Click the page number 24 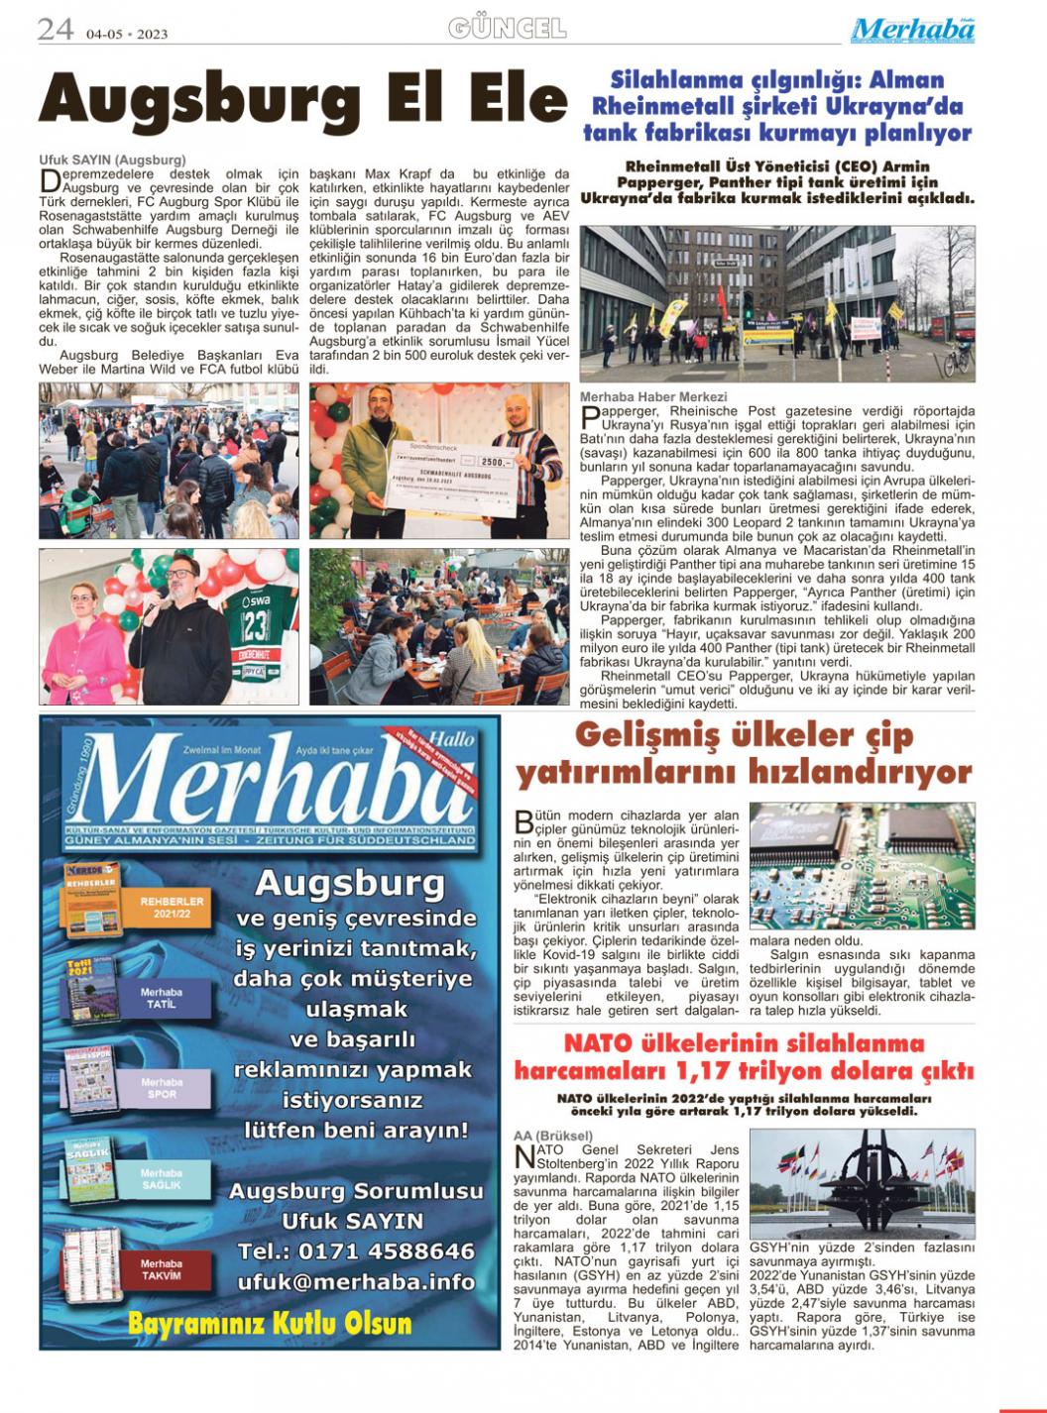[x=56, y=30]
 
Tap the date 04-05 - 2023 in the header [x=127, y=34]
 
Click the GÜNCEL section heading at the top [x=507, y=28]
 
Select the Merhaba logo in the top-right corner [x=912, y=30]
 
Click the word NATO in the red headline [x=599, y=1043]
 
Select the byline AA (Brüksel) [x=553, y=1135]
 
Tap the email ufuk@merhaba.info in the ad [x=356, y=1281]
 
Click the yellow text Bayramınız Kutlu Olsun [x=270, y=1324]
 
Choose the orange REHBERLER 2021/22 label [x=172, y=907]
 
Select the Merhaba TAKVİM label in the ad [x=161, y=1269]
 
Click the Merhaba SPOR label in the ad [x=161, y=1088]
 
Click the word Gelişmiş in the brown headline [x=644, y=736]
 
